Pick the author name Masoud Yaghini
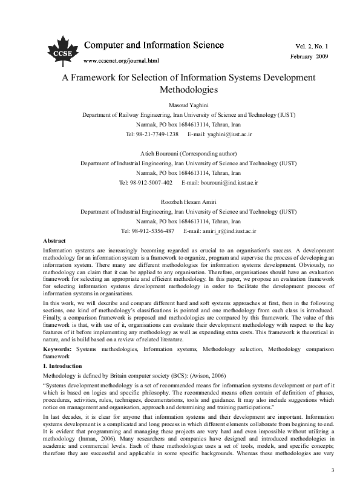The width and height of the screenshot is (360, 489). click(179, 103)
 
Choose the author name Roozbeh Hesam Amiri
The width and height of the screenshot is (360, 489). click(179, 202)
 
